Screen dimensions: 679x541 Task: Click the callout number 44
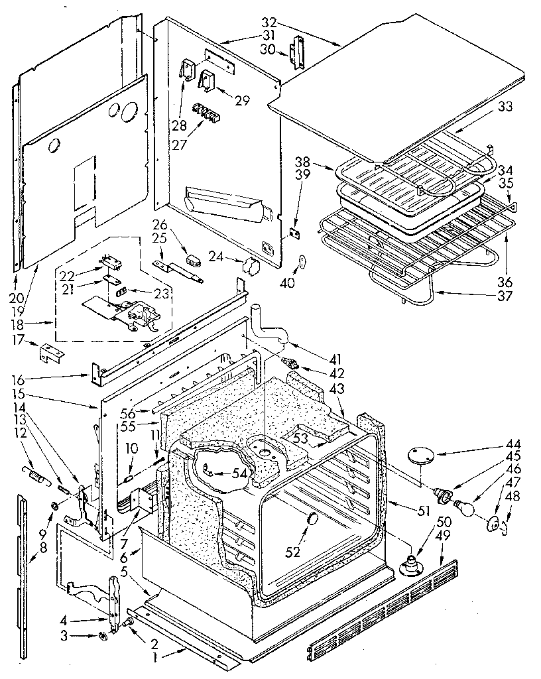click(514, 444)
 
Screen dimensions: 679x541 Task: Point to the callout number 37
click(505, 296)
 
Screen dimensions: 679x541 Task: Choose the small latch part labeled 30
click(296, 51)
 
